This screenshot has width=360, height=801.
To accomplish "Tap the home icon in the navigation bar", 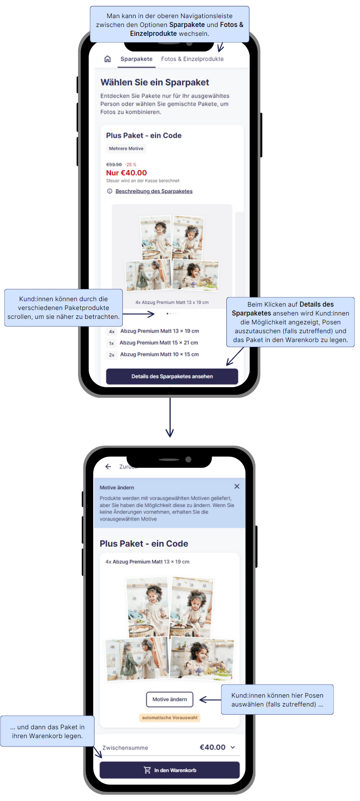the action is (107, 59).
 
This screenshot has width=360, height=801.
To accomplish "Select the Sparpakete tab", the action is (136, 59).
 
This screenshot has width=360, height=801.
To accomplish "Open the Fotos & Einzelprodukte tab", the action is (192, 59).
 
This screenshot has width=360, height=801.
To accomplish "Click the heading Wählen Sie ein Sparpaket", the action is (155, 82).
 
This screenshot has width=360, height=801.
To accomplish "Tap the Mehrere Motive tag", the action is (126, 148).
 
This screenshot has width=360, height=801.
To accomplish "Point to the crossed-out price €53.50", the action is (114, 165).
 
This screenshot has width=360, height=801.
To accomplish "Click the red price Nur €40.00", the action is (126, 173).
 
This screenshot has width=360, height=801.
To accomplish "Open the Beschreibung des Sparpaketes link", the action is (154, 191).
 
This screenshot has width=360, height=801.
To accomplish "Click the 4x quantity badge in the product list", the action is (112, 332).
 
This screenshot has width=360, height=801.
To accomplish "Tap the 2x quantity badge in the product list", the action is (112, 355).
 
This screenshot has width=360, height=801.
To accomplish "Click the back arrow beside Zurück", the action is (108, 467).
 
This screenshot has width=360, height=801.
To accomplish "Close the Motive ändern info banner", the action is (237, 486).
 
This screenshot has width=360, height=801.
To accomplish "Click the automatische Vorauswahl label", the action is (169, 717).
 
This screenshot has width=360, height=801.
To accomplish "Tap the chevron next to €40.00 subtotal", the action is (233, 747).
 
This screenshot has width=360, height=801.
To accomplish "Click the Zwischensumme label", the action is (125, 748).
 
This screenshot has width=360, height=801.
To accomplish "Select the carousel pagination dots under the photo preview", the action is (172, 313).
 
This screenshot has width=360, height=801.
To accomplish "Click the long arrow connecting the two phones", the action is (170, 417).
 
